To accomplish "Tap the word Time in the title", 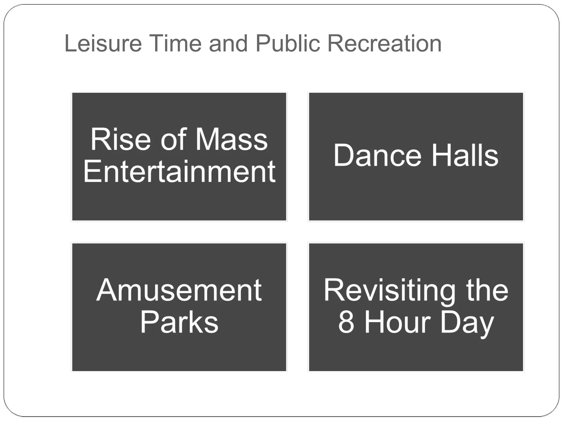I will (x=176, y=43).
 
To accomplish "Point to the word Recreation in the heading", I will (x=384, y=43).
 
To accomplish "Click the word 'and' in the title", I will (x=228, y=43).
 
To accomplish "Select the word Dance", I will (x=377, y=156).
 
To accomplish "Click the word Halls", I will (x=465, y=156).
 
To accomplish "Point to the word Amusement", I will (x=179, y=290).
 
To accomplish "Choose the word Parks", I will (x=179, y=322).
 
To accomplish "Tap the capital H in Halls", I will (x=441, y=156).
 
